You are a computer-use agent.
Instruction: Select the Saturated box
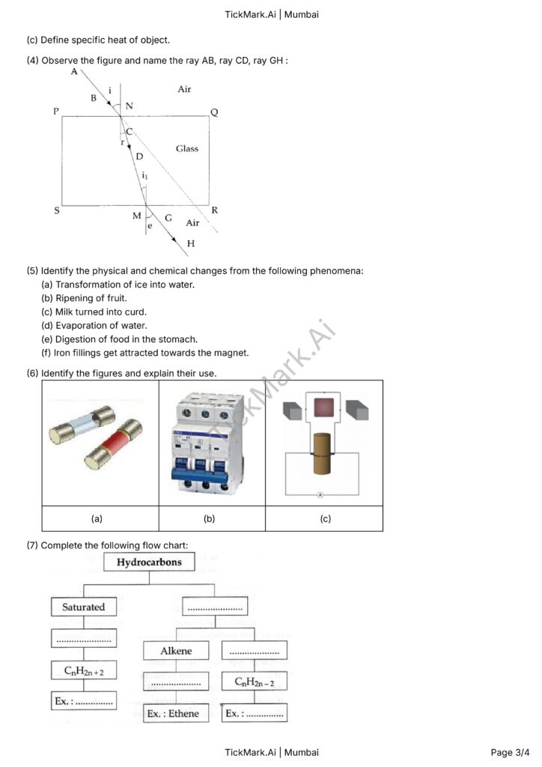point(84,607)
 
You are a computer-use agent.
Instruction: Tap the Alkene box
point(176,650)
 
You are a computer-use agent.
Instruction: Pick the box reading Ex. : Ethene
point(173,713)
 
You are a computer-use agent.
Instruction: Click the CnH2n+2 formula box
point(84,670)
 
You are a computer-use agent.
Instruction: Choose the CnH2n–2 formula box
point(255,681)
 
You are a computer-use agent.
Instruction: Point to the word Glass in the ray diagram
point(187,148)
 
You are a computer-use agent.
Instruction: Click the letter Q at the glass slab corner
point(214,112)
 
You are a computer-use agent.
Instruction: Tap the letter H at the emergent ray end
point(191,243)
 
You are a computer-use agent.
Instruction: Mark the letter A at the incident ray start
point(74,71)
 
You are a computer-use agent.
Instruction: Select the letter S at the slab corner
point(57,211)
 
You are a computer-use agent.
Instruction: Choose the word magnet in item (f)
point(232,353)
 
